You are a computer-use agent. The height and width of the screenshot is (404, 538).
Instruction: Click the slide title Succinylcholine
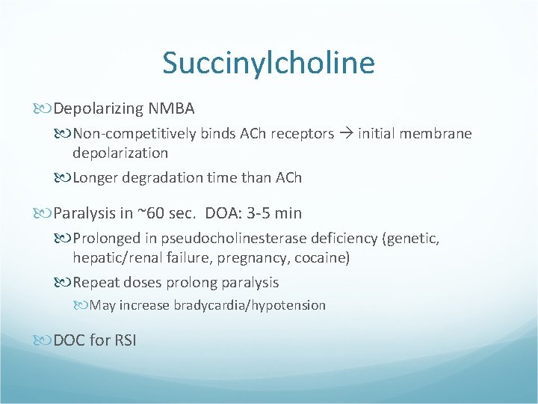(268, 63)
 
